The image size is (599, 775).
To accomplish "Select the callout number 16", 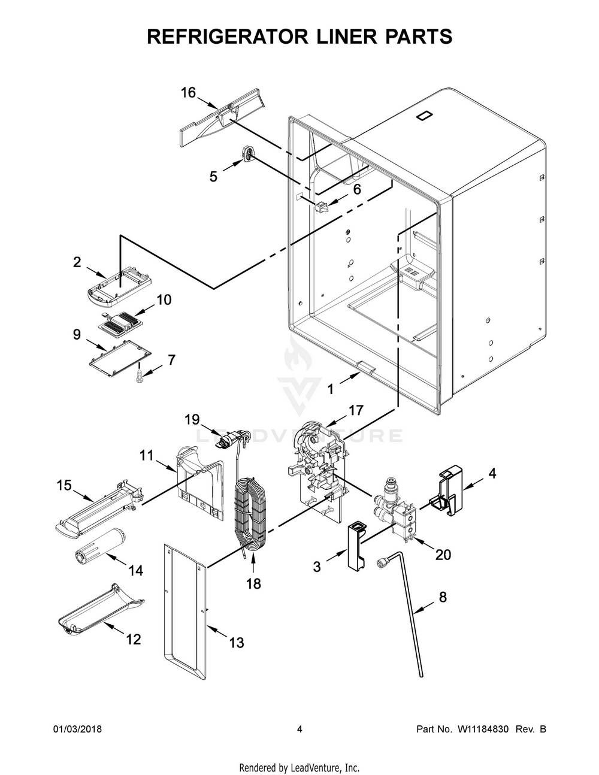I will [188, 93].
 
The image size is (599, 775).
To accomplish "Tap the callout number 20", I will [443, 555].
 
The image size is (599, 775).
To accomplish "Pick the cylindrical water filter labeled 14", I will [98, 545].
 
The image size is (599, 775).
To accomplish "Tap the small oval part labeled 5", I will [248, 153].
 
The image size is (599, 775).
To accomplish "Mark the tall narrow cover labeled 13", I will [186, 611].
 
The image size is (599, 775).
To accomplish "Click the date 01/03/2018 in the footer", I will [77, 729].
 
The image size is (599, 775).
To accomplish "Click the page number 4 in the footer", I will [299, 729].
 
